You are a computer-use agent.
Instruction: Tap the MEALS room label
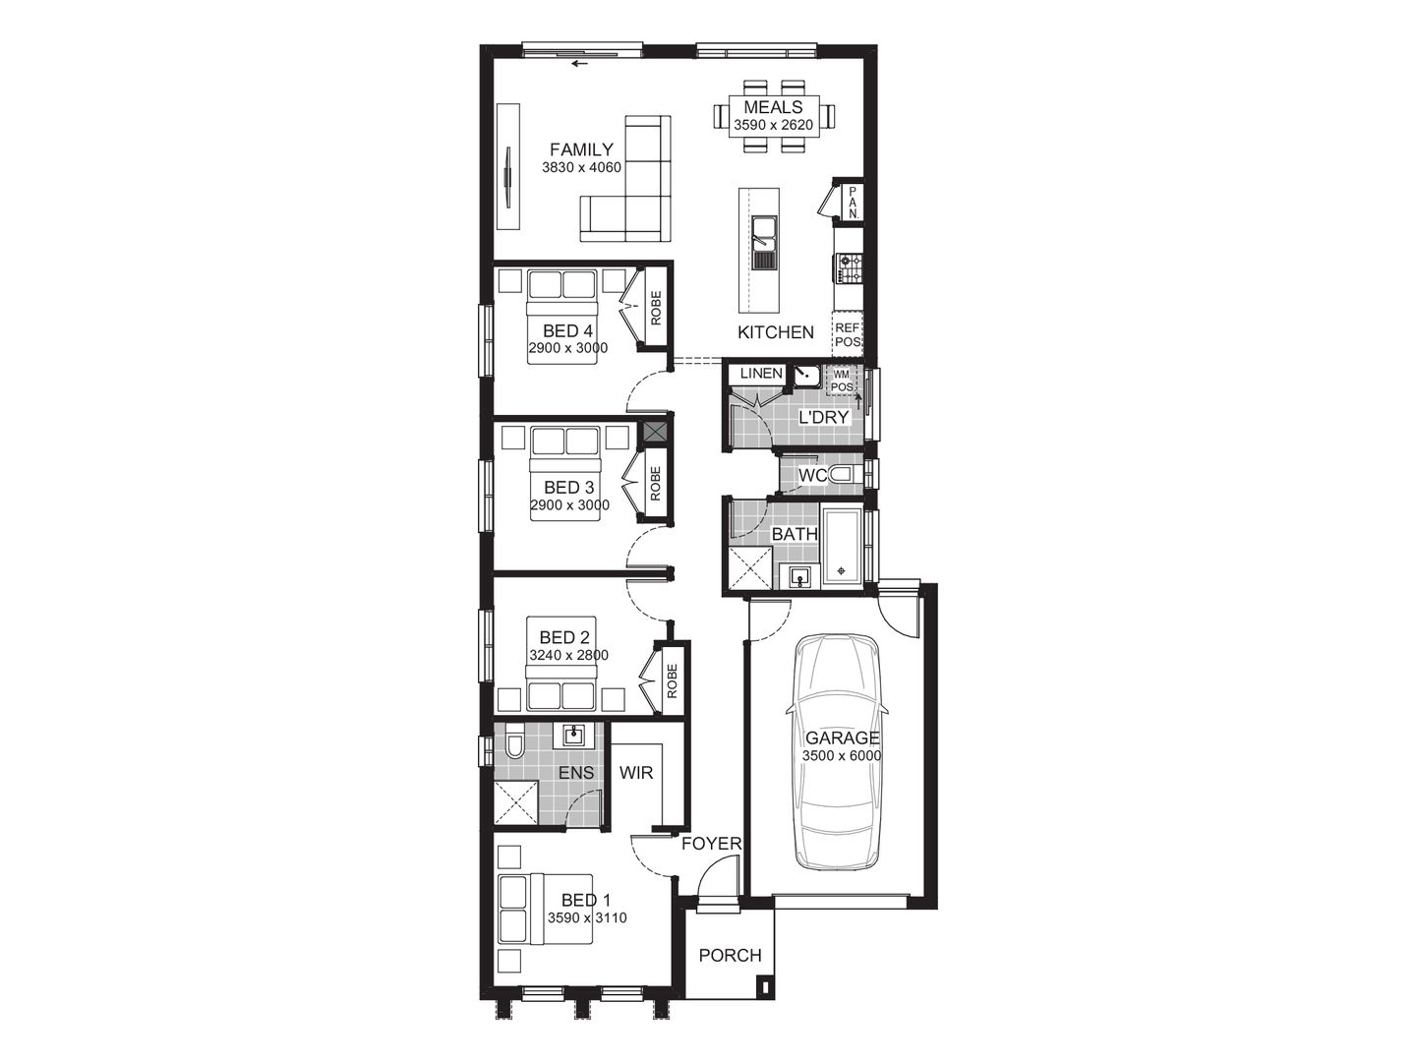click(773, 107)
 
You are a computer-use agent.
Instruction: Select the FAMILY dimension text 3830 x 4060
click(581, 167)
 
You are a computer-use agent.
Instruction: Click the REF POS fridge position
click(848, 335)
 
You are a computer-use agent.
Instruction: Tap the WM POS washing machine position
click(842, 381)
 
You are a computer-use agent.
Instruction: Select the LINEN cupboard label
click(760, 374)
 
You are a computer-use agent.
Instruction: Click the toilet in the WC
click(842, 476)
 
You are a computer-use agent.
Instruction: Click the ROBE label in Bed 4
click(656, 309)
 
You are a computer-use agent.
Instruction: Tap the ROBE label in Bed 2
click(673, 680)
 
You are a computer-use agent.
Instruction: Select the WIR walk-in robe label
click(636, 773)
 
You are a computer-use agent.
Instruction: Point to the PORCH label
click(730, 955)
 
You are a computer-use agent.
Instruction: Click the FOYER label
click(711, 844)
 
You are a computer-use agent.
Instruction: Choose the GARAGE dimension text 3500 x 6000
click(842, 756)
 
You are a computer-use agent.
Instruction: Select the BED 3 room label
click(568, 488)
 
